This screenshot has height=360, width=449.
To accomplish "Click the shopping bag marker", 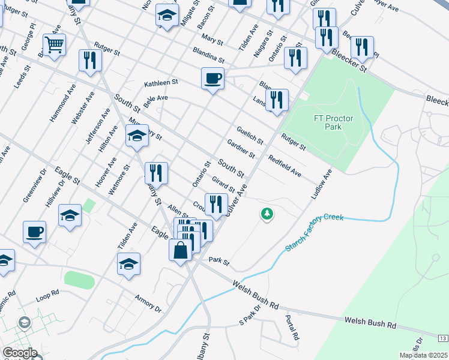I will (180, 251).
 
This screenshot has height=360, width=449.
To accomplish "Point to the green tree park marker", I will (267, 214).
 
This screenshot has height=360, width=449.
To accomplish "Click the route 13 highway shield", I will (443, 340).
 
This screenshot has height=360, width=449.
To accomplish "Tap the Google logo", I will (19, 353).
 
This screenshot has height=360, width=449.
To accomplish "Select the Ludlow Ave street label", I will (321, 185).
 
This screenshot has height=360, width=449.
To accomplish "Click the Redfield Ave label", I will (285, 166).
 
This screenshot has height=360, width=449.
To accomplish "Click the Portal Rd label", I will (292, 328).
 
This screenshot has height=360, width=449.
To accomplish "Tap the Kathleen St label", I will (161, 82).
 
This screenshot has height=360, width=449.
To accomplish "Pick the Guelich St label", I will (250, 135).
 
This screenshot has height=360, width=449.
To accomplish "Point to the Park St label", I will (219, 262).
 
